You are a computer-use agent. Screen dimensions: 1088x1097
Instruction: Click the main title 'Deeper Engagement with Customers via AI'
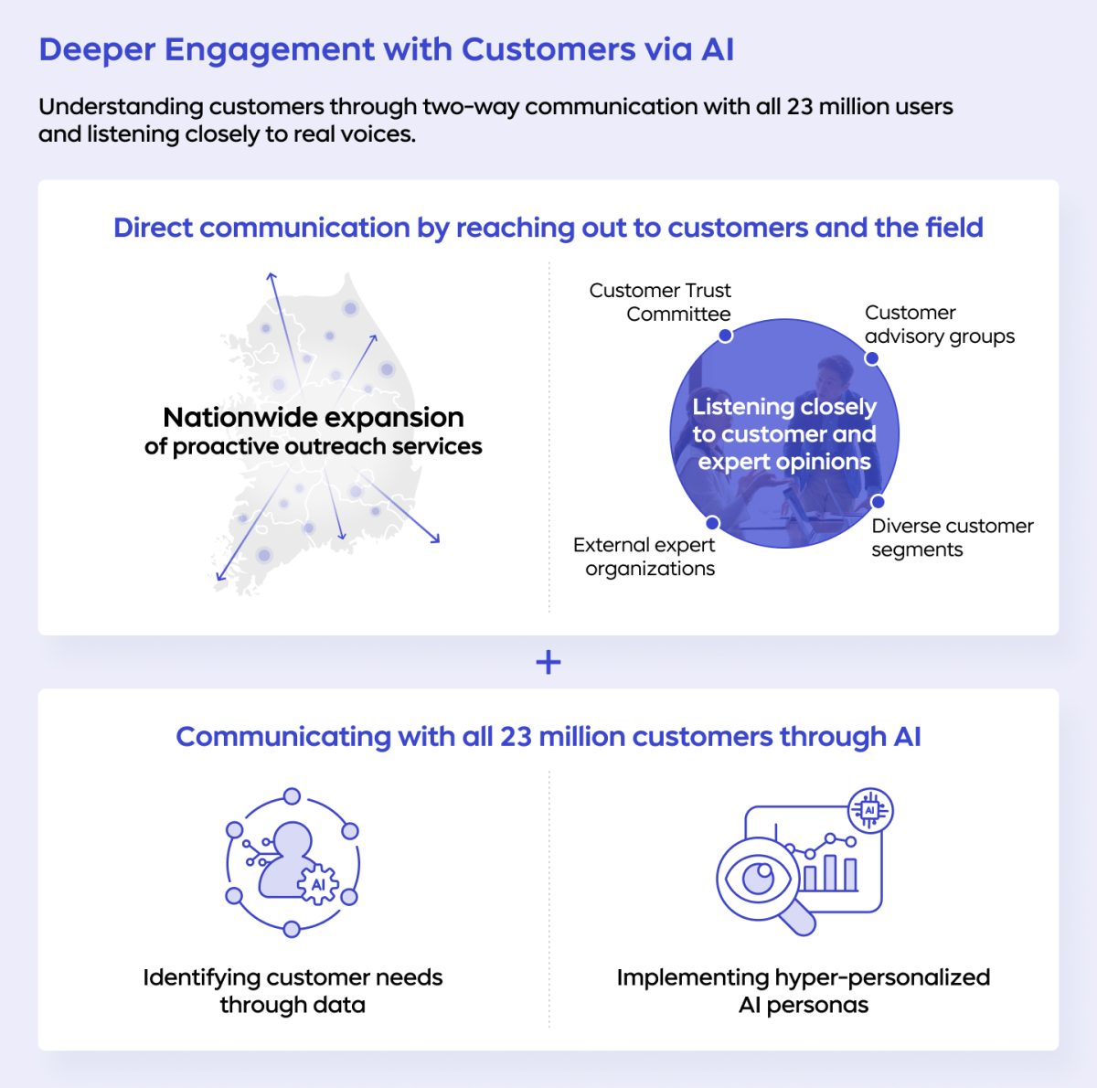click(386, 49)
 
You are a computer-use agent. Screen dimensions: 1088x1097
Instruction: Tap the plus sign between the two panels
click(548, 662)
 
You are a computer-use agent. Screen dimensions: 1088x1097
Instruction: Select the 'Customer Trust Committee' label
click(660, 302)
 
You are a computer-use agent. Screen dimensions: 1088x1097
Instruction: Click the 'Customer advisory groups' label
click(939, 325)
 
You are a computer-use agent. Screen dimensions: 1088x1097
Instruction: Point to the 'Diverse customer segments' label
click(952, 538)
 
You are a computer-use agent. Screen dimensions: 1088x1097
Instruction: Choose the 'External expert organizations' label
click(644, 556)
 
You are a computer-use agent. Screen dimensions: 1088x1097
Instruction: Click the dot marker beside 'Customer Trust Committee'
click(725, 336)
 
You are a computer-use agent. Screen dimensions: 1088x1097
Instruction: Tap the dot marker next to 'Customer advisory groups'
click(871, 358)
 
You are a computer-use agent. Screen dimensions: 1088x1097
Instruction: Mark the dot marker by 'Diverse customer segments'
click(878, 502)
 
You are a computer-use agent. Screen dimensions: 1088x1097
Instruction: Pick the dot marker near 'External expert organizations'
click(712, 524)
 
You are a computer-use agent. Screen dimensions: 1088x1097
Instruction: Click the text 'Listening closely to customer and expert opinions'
click(784, 433)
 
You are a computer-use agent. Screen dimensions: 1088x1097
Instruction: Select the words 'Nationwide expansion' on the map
click(314, 418)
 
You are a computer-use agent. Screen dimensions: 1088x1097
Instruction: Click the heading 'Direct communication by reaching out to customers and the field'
click(548, 228)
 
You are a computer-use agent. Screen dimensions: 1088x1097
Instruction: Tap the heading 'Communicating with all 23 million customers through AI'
click(548, 737)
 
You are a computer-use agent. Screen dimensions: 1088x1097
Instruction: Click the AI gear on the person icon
click(318, 885)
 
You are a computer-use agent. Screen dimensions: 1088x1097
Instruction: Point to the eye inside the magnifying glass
click(758, 879)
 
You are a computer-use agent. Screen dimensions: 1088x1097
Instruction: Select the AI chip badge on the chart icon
click(869, 811)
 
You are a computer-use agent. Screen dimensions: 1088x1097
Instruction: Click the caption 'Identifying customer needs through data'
click(293, 991)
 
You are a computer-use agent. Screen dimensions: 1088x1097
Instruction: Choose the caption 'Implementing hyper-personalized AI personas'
click(804, 991)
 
